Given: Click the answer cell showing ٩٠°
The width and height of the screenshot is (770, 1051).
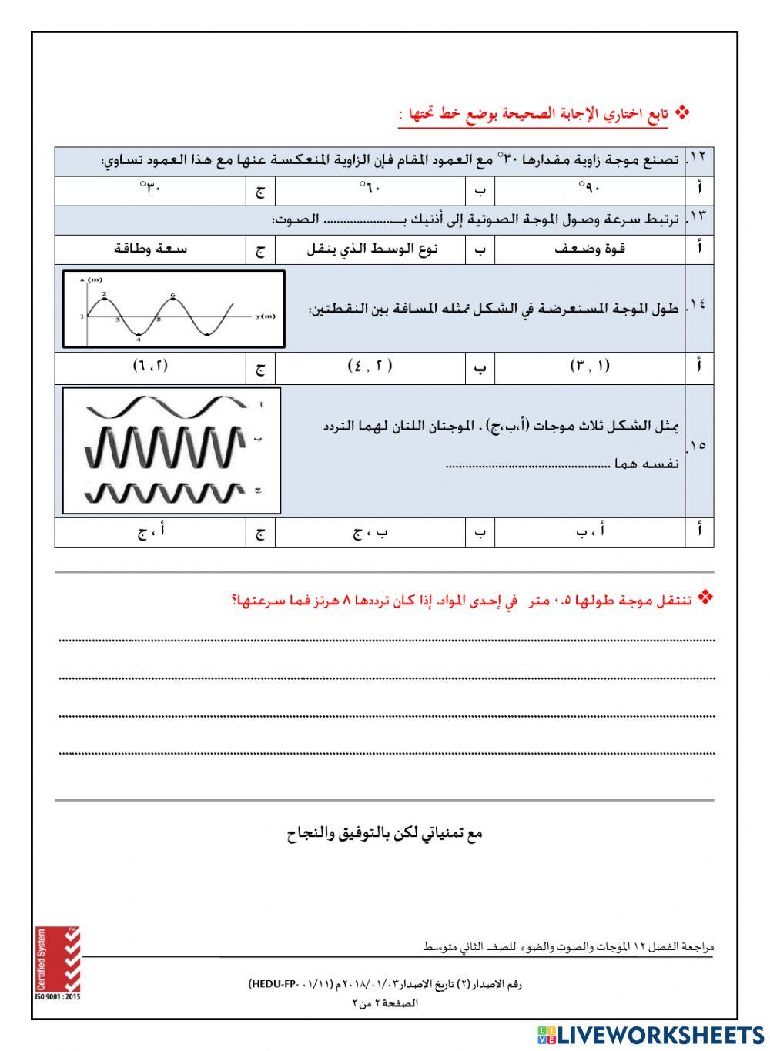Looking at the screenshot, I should click(589, 189).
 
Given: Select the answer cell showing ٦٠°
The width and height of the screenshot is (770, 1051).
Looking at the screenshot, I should click(370, 189).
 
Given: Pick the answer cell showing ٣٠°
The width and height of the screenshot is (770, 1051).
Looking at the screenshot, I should click(150, 189).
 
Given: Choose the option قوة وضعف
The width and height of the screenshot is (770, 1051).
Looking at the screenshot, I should click(589, 248).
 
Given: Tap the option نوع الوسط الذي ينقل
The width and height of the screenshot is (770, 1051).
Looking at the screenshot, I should click(371, 248).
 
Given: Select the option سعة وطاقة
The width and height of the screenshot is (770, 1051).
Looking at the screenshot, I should click(150, 248).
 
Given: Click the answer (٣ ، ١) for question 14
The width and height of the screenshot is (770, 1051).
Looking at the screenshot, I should click(589, 367).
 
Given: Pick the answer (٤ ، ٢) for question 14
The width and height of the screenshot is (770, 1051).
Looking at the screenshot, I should click(370, 367).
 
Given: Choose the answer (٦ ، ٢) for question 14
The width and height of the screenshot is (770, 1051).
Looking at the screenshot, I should click(150, 367).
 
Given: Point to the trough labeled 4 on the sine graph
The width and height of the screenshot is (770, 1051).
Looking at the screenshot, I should click(139, 336).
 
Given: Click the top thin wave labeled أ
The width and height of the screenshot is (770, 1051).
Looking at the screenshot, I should click(166, 406).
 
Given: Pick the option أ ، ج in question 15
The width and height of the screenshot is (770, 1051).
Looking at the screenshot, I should click(150, 531).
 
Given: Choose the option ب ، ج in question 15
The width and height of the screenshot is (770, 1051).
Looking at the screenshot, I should click(370, 531).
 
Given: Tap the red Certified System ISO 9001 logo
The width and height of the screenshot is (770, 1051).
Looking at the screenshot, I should click(57, 962).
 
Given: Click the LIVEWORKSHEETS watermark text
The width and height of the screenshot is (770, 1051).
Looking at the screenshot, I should click(647, 1034).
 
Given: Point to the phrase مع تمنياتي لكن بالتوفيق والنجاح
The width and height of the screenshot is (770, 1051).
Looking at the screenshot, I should click(384, 833).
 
